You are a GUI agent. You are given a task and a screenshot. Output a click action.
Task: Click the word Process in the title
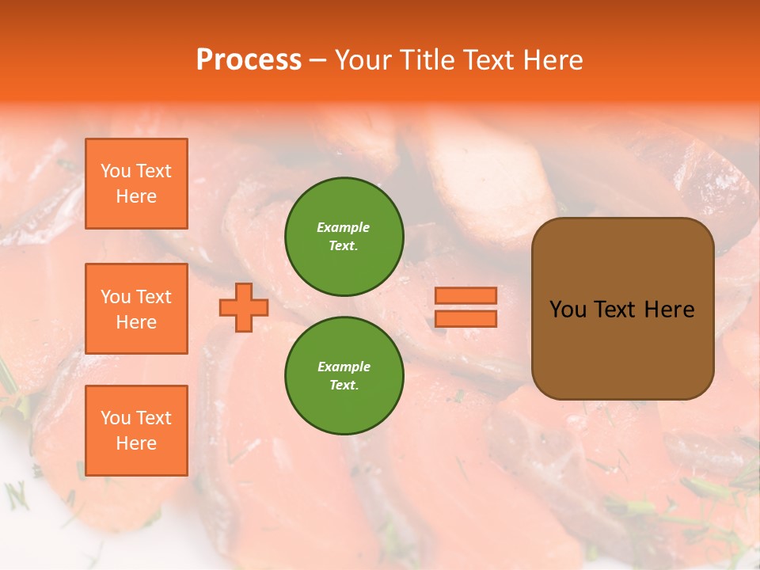[x=249, y=60]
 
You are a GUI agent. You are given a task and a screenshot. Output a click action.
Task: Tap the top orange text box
[x=136, y=184]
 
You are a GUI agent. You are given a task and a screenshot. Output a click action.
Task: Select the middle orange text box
[x=136, y=309]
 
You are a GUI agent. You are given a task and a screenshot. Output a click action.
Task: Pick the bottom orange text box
[x=136, y=431]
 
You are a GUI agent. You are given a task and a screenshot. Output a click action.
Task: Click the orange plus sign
[x=243, y=307]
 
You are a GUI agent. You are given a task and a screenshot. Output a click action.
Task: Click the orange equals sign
[x=465, y=307]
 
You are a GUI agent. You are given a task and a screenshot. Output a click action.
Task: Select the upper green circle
[x=344, y=236]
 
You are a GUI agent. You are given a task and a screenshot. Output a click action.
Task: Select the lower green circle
[x=344, y=375]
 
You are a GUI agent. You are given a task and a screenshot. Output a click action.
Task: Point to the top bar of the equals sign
[x=465, y=296]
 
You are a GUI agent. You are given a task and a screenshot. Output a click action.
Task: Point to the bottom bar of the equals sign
[x=465, y=318]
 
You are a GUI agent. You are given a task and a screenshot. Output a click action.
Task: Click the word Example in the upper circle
[x=344, y=227]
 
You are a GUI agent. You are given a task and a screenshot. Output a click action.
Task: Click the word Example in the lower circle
[x=344, y=367]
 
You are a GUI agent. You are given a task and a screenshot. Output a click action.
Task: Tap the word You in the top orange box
[x=116, y=171]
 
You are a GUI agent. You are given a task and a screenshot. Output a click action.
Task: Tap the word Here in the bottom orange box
[x=136, y=443]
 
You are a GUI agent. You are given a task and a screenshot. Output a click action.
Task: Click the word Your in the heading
[x=364, y=60]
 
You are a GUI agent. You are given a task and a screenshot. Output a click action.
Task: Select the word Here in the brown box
[x=670, y=310]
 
